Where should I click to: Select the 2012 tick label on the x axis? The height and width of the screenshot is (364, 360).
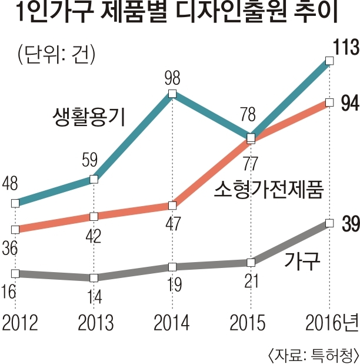pyautogui.click(x=21, y=323)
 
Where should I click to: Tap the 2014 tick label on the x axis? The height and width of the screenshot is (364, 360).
pyautogui.click(x=172, y=323)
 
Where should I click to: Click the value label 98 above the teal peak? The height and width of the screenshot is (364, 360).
pyautogui.click(x=172, y=77)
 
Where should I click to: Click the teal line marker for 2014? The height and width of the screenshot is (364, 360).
pyautogui.click(x=172, y=94)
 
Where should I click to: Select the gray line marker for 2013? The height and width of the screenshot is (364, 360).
pyautogui.click(x=94, y=277)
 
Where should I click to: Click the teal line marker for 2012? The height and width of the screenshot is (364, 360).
pyautogui.click(x=15, y=203)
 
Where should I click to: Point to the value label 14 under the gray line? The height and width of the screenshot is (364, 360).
pyautogui.click(x=94, y=297)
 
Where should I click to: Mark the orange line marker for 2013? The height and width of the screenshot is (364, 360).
pyautogui.click(x=94, y=217)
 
